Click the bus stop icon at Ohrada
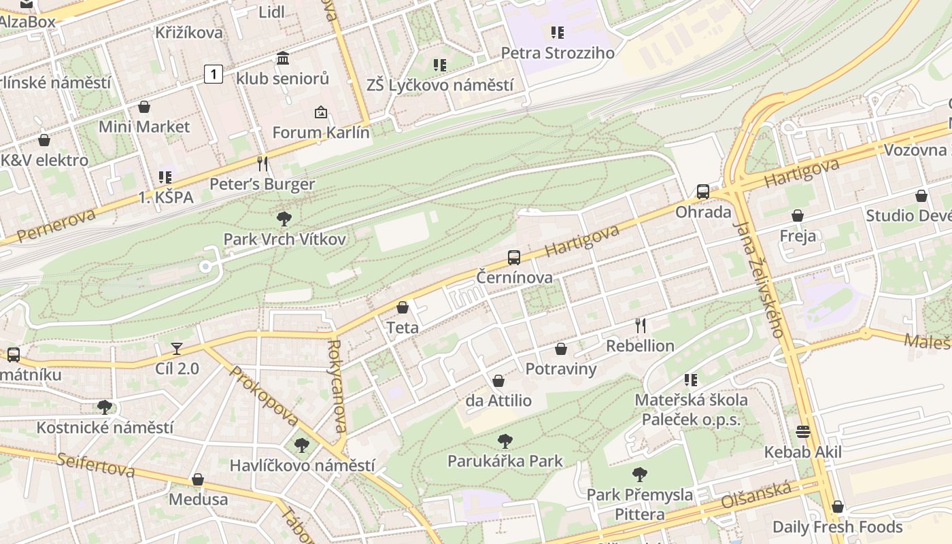click(703, 192)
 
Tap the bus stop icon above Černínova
click(514, 258)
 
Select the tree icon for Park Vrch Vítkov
click(284, 219)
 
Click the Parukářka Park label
click(505, 461)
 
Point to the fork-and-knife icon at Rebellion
click(640, 325)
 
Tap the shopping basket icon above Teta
click(403, 307)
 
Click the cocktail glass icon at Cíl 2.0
click(177, 349)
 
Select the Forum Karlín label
click(321, 133)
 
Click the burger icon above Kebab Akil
click(803, 432)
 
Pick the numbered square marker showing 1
click(214, 73)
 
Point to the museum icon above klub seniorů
click(283, 58)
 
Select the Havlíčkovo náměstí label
click(302, 466)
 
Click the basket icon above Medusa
click(198, 479)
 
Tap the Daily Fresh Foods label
click(837, 527)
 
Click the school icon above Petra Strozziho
click(558, 33)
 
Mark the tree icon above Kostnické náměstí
click(105, 407)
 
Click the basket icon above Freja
click(798, 216)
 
